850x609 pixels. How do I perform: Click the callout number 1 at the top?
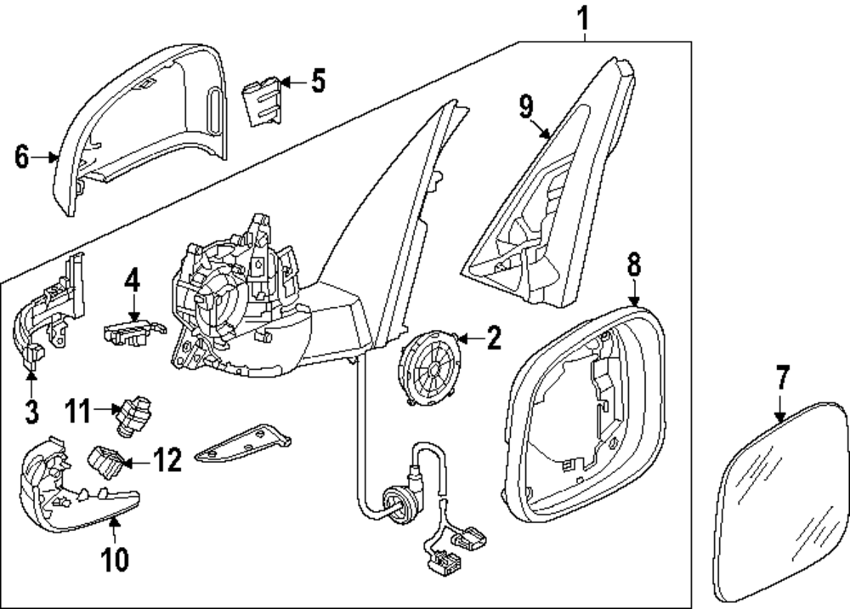583,15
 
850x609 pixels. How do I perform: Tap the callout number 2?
493,339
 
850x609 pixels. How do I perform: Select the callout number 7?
782,378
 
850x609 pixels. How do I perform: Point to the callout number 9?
526,106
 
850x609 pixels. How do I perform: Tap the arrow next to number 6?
51,157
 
